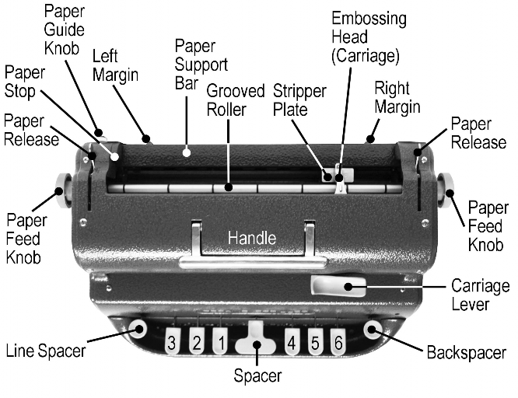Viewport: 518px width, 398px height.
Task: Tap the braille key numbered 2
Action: pyautogui.click(x=197, y=340)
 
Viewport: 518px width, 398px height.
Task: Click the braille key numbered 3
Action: pyautogui.click(x=175, y=341)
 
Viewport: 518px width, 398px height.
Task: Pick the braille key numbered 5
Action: pyautogui.click(x=315, y=340)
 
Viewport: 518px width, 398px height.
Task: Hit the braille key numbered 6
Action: pyautogui.click(x=337, y=341)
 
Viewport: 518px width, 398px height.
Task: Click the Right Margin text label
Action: pyautogui.click(x=397, y=96)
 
